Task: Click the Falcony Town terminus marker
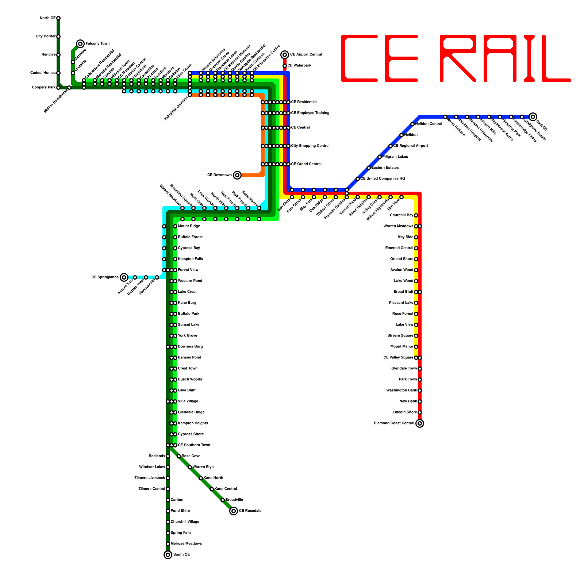click(80, 44)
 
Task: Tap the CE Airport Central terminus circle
click(285, 55)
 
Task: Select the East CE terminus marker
click(533, 117)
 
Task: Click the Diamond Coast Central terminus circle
click(420, 423)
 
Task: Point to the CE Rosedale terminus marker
click(234, 511)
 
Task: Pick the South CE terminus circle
click(168, 555)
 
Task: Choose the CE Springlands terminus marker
click(124, 277)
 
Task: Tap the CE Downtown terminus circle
click(237, 175)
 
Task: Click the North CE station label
click(47, 18)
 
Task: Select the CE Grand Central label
click(306, 164)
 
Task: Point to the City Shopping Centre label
click(310, 146)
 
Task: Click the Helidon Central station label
click(429, 124)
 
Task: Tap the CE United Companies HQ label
click(383, 179)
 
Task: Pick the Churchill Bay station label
click(401, 215)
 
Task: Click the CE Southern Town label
click(194, 445)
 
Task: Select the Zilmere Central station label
click(151, 489)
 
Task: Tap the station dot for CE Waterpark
click(285, 66)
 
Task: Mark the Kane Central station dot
click(212, 489)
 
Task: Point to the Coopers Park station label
click(44, 88)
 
